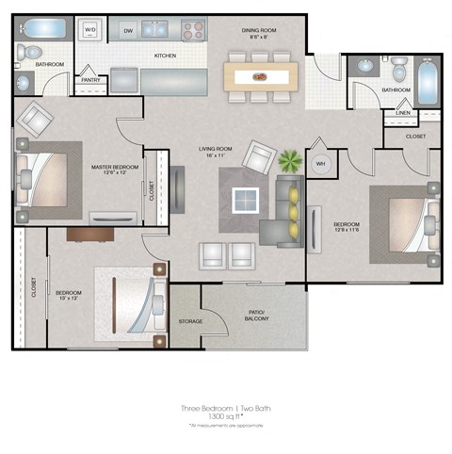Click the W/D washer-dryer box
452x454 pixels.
pos(91,30)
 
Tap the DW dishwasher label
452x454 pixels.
pos(127,30)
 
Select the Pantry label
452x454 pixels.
pos(92,80)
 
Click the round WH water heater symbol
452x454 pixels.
pos(320,164)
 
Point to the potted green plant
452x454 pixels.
pos(288,159)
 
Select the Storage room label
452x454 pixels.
pos(190,321)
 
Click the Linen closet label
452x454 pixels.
pos(403,113)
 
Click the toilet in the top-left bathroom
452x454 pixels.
pos(31,52)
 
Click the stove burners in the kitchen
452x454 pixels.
pos(193,29)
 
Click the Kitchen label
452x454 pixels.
pos(166,56)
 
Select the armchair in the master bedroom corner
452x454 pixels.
pos(36,118)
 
